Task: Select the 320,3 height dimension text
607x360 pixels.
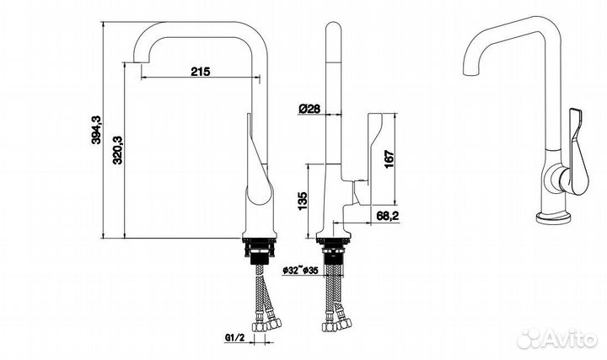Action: coord(118,150)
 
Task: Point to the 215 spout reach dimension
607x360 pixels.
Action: coord(200,72)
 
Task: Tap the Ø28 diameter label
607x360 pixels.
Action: coord(308,108)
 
